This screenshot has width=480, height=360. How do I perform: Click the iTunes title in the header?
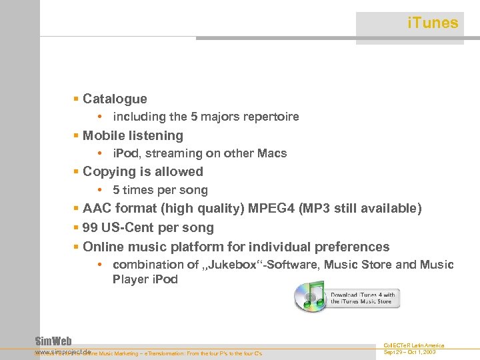[432, 23]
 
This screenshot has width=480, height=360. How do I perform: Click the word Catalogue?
[115, 99]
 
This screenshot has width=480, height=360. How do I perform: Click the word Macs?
[273, 153]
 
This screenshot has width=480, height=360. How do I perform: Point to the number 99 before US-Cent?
[91, 228]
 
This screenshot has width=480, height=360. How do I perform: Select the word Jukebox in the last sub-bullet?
[229, 265]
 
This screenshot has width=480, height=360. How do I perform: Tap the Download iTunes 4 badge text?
[363, 298]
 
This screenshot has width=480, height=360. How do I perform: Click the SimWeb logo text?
[53, 341]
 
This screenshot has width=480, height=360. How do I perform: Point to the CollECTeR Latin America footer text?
[414, 345]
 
